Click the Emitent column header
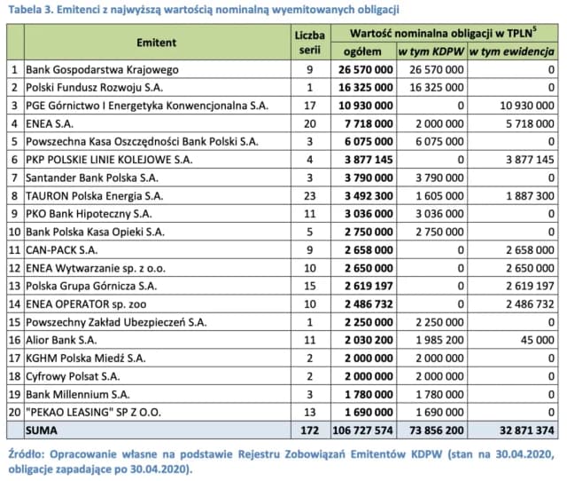(157, 42)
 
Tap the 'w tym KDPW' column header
(431, 51)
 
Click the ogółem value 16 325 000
(364, 88)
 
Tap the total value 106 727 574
(361, 430)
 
